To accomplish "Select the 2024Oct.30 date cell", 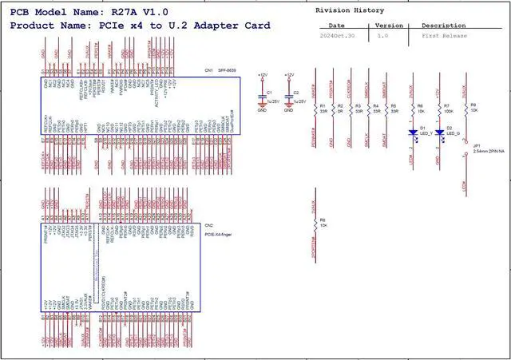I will (336, 37).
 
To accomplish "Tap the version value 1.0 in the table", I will (382, 37).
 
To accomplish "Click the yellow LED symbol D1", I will (412, 133).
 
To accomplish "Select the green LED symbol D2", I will (438, 133).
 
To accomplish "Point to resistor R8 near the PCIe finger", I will (316, 224).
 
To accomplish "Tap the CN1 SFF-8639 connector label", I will (216, 72).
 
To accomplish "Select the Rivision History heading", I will (350, 10).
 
